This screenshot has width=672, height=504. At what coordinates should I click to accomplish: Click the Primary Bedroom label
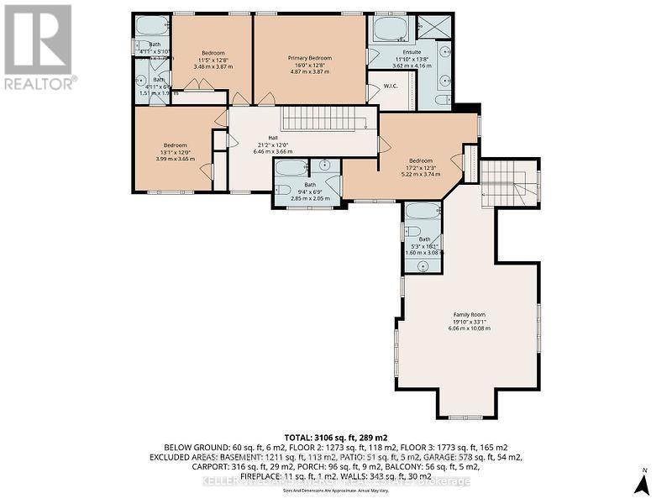[310, 58]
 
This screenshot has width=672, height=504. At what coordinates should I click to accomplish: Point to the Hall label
[272, 137]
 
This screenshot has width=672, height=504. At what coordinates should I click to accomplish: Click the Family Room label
[469, 314]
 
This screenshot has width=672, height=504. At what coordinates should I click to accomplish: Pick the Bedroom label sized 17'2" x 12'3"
[421, 160]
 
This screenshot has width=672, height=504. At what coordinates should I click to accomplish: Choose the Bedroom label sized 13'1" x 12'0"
[175, 144]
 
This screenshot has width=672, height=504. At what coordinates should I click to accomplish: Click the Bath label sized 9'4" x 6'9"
[310, 185]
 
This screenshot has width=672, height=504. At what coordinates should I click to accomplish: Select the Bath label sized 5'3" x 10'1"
[423, 239]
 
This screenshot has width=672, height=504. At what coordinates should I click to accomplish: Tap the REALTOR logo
[39, 46]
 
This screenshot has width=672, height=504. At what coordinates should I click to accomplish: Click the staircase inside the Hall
[324, 118]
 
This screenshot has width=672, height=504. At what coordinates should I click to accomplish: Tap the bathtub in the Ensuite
[390, 29]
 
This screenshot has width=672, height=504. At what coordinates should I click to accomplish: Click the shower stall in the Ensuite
[435, 27]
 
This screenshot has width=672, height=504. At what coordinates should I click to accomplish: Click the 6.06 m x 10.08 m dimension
[469, 328]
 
